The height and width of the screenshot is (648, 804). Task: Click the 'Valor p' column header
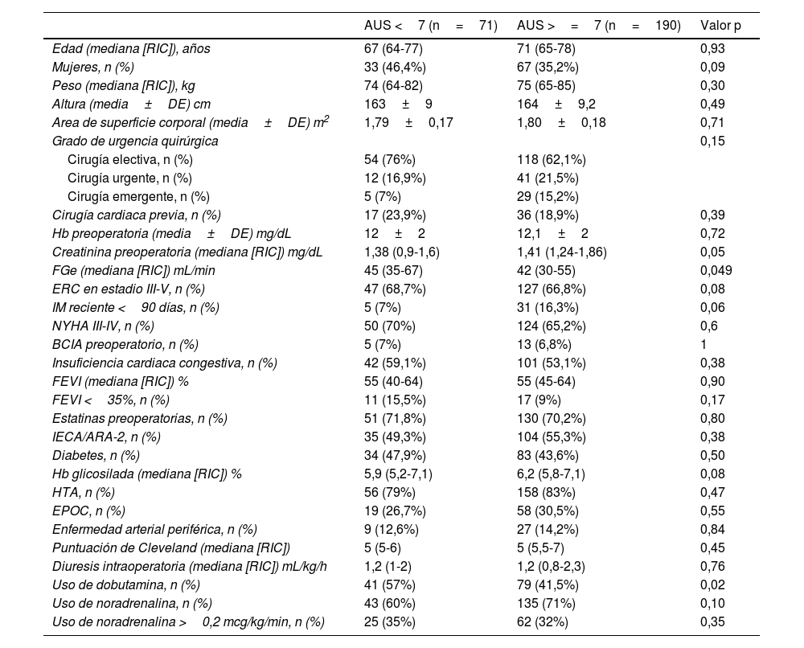tap(720, 26)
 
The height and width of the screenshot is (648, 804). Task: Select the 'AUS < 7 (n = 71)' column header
tap(430, 26)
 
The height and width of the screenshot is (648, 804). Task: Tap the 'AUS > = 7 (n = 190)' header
tap(598, 26)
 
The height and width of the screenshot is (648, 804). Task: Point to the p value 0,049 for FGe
tap(716, 270)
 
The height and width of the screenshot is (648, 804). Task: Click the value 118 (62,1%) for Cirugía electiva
tap(551, 159)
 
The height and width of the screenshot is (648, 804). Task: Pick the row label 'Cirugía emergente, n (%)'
tap(138, 196)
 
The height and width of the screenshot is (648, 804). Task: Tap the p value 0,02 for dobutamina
tap(712, 584)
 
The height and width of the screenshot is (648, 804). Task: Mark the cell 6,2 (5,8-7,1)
tap(554, 474)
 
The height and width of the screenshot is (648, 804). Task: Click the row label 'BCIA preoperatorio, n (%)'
tap(125, 344)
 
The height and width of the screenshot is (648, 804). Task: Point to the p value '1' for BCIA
tap(703, 344)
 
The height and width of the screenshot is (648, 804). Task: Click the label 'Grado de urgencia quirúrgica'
tap(135, 141)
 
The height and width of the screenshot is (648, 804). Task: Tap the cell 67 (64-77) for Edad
tap(393, 48)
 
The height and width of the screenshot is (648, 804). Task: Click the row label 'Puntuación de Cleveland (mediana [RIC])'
tap(170, 548)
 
